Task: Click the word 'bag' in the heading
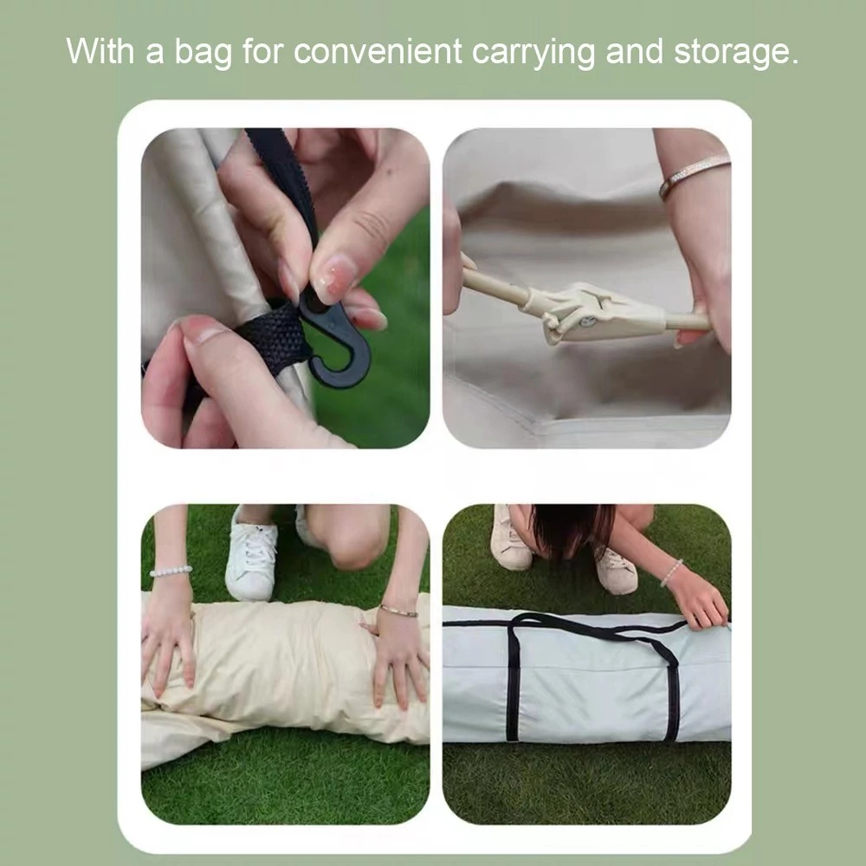click(203, 53)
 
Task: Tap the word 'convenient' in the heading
click(378, 52)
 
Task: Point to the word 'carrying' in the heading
click(533, 53)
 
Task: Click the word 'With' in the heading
click(100, 51)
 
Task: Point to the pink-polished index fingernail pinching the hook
click(335, 280)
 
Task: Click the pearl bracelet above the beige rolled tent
click(171, 571)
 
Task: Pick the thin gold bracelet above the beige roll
click(398, 611)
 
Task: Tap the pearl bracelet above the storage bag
click(670, 572)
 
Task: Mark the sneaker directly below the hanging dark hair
click(615, 572)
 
